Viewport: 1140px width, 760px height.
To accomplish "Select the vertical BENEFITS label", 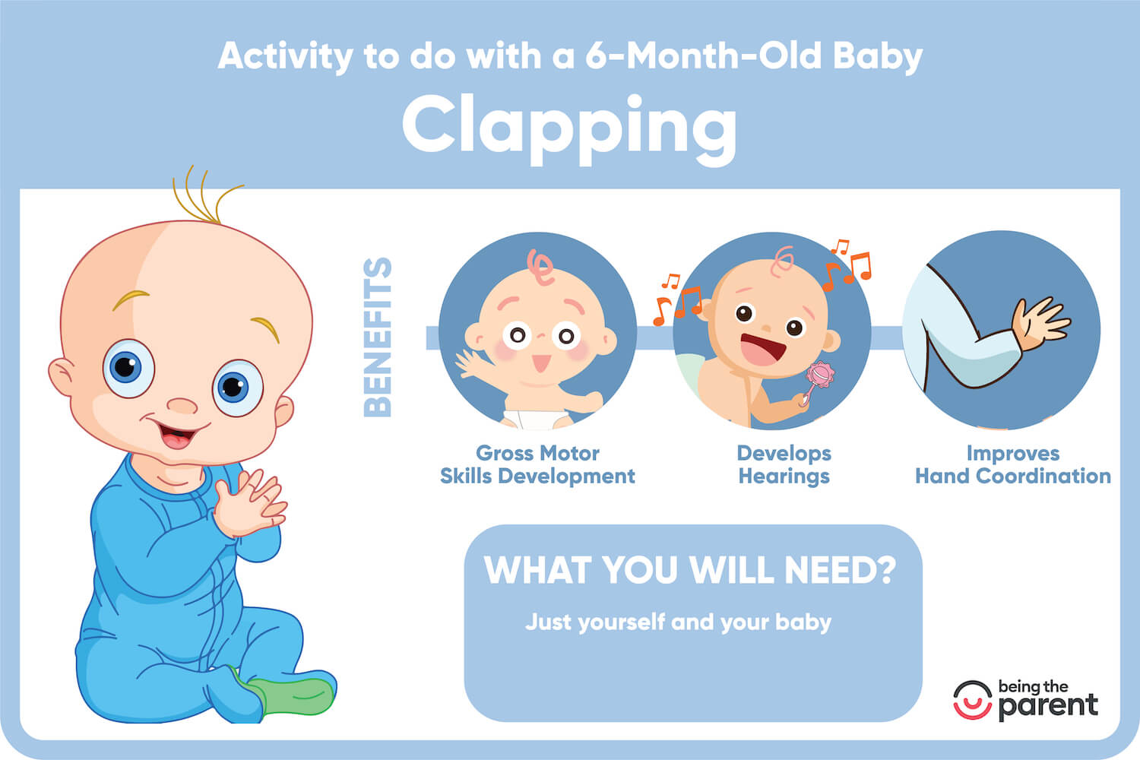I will click(x=378, y=337).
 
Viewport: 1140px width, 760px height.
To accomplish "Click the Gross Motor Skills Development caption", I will click(x=537, y=464).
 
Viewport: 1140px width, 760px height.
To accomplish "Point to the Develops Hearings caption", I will click(x=784, y=464).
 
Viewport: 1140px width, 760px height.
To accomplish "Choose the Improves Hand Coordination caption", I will click(x=1012, y=464).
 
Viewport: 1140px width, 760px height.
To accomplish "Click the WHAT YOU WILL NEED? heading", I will click(x=690, y=570).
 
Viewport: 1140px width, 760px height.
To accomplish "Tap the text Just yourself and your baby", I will click(x=678, y=622).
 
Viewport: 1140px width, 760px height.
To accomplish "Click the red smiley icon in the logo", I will click(x=973, y=700).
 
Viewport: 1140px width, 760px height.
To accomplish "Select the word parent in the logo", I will click(x=1048, y=705).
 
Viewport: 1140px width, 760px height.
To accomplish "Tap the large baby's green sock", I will click(x=293, y=695).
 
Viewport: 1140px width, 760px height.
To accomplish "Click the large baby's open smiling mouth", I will click(x=176, y=436).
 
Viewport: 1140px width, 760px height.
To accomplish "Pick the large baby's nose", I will click(x=182, y=405).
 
